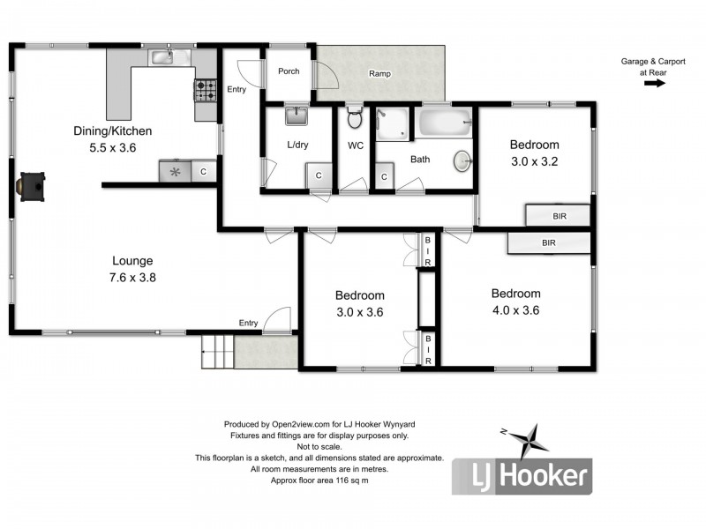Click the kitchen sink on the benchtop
click(x=161, y=58)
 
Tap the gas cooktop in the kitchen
click(x=206, y=88)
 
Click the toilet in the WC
click(x=355, y=118)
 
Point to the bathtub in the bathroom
click(x=445, y=122)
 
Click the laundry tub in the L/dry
click(x=295, y=115)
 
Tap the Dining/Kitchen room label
click(x=107, y=131)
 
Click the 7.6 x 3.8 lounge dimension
click(x=132, y=277)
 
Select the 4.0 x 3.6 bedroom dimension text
click(x=515, y=309)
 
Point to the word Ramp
click(x=379, y=74)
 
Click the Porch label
click(x=289, y=71)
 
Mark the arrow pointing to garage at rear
click(x=654, y=84)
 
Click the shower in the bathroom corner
click(x=392, y=123)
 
